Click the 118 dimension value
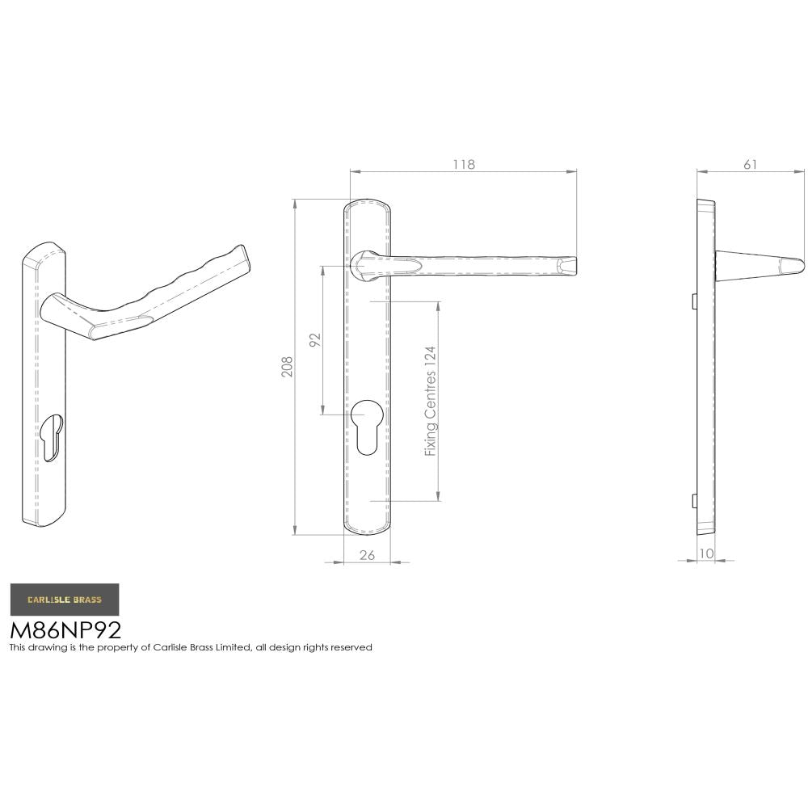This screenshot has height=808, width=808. click(x=463, y=164)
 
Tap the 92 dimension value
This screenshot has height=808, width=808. click(x=316, y=339)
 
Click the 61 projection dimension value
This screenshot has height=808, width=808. click(x=750, y=164)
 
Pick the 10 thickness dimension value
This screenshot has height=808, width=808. click(x=708, y=553)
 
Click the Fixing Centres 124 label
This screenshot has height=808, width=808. click(x=431, y=401)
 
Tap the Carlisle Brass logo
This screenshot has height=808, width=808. click(x=65, y=600)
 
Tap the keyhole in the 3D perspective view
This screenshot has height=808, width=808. click(x=51, y=436)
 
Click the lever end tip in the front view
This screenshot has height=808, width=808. click(x=570, y=265)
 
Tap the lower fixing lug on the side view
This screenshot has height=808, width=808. click(x=694, y=501)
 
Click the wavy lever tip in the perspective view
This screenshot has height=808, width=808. click(x=241, y=256)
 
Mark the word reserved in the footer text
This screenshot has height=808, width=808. click(x=352, y=647)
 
